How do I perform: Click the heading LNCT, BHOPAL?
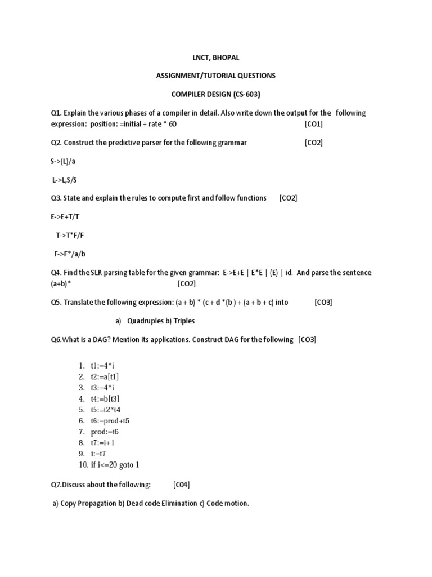coord(216,57)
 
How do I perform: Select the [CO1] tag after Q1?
coord(313,124)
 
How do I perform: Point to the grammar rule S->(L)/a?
coord(65,161)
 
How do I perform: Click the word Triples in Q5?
coord(184,321)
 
